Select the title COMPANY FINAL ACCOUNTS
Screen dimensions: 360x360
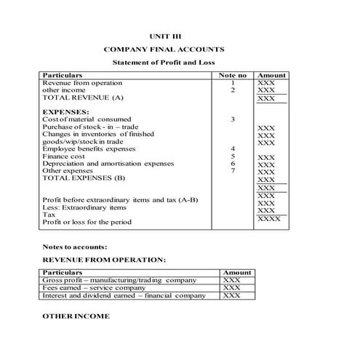click(x=164, y=49)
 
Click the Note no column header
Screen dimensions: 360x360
click(x=233, y=75)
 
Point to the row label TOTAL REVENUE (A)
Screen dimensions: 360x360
click(x=83, y=97)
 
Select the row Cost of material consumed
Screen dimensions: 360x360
click(x=87, y=119)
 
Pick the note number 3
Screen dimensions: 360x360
click(x=233, y=119)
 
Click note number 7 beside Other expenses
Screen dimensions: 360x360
click(x=233, y=170)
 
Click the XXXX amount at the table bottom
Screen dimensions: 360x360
click(x=268, y=218)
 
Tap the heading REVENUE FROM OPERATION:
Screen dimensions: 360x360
click(x=103, y=260)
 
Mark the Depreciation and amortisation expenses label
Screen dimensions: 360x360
click(x=108, y=163)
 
